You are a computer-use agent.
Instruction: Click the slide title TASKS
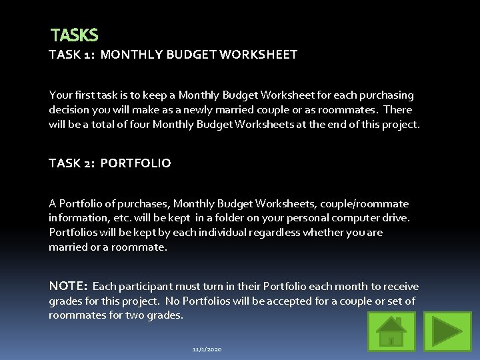tap(74, 35)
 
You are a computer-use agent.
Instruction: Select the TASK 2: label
tap(72, 163)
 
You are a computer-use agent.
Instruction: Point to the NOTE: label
tap(67, 286)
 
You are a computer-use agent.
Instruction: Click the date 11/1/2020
tap(207, 349)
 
